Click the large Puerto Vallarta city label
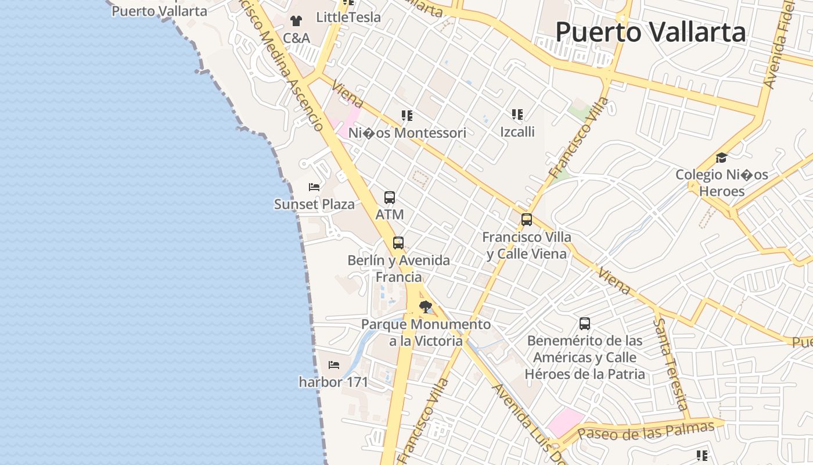tap(650, 32)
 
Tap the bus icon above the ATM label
tap(390, 198)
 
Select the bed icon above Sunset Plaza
tap(314, 187)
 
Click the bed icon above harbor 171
tap(334, 365)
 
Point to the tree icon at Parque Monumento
tap(426, 306)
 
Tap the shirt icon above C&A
tap(296, 21)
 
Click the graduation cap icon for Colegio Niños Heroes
tap(721, 158)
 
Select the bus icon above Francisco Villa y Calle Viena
tap(527, 220)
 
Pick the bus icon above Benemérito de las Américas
tap(585, 324)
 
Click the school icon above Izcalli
tap(517, 115)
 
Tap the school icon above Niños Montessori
tap(407, 116)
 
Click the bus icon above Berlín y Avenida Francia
tap(398, 243)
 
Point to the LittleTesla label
tap(348, 17)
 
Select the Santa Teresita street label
tap(671, 363)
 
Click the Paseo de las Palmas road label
tap(646, 431)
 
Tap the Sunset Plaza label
tap(314, 205)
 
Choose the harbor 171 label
tap(334, 382)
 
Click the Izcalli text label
tap(517, 132)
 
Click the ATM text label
tap(390, 214)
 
